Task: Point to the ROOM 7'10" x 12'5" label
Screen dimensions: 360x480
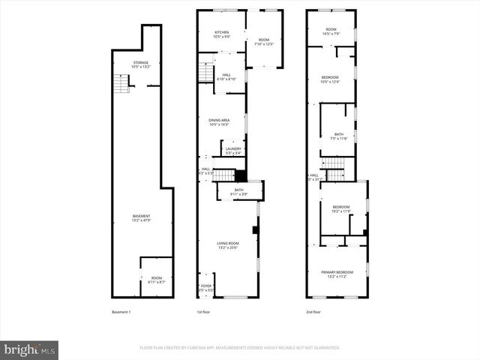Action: pyautogui.click(x=264, y=42)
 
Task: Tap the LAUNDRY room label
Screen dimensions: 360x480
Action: pyautogui.click(x=233, y=150)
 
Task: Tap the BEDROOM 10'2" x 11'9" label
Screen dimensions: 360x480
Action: pyautogui.click(x=341, y=208)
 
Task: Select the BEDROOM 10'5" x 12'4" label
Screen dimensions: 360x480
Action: pyautogui.click(x=330, y=79)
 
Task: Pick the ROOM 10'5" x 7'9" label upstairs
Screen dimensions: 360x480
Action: pyautogui.click(x=330, y=32)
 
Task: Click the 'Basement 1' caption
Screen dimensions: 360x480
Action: pyautogui.click(x=121, y=311)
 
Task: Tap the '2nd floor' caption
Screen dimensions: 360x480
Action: pyautogui.click(x=313, y=311)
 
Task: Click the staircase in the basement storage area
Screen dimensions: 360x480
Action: pyautogui.click(x=119, y=85)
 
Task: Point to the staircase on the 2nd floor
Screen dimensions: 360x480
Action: pyautogui.click(x=332, y=163)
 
